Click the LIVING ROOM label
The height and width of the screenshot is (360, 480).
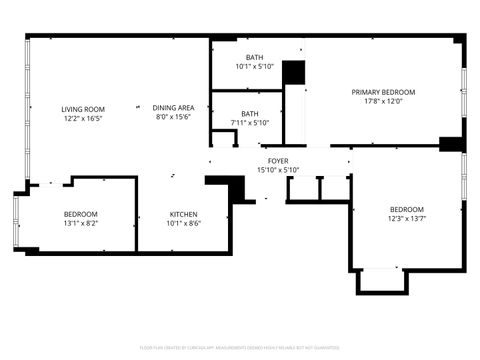click(83, 109)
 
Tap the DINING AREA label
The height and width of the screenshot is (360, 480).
click(172, 108)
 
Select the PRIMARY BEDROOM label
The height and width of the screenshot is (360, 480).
click(383, 92)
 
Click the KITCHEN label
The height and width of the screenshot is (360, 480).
click(183, 214)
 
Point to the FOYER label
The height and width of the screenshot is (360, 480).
click(278, 160)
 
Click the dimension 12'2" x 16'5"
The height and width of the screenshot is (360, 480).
click(83, 118)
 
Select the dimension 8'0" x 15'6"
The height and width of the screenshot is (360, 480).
click(172, 117)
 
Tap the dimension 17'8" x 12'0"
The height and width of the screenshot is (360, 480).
click(383, 101)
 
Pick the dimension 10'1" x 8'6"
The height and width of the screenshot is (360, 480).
click(183, 223)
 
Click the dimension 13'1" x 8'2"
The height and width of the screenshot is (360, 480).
click(80, 223)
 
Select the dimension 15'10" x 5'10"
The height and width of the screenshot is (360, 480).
click(278, 169)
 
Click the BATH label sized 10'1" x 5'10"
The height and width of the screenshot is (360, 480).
click(255, 58)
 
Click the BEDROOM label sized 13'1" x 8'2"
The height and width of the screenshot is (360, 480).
click(80, 214)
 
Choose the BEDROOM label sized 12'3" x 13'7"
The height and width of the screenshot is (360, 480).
click(407, 209)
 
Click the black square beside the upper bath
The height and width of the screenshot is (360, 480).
click(293, 73)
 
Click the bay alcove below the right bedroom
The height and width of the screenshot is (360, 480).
click(383, 281)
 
